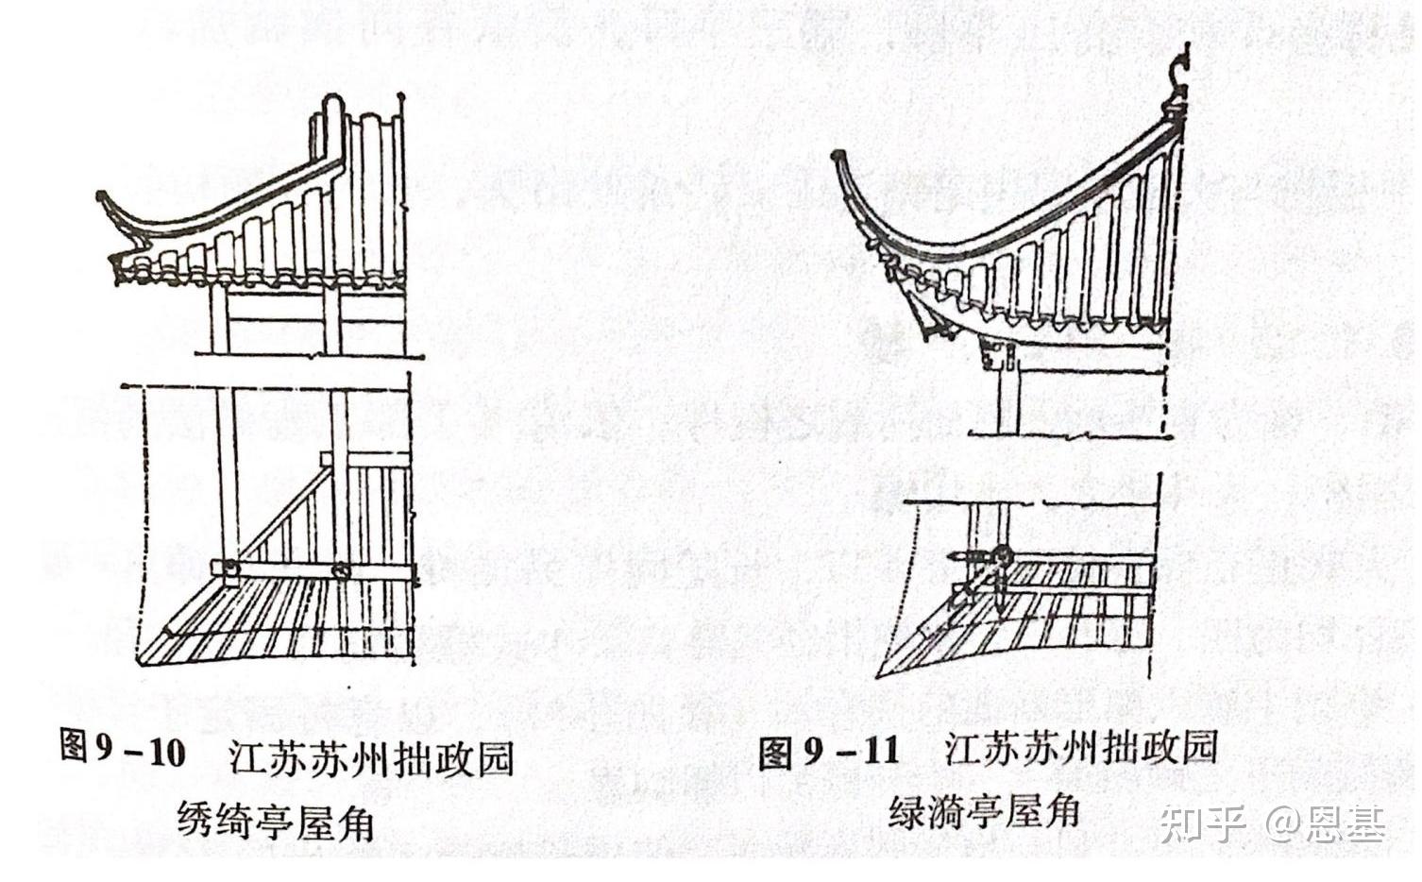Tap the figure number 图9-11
click(x=829, y=752)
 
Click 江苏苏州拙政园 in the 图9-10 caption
click(x=371, y=757)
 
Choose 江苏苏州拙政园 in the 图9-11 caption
click(x=1080, y=750)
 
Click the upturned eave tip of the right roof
click(x=838, y=159)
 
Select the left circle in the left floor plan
click(x=230, y=568)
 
